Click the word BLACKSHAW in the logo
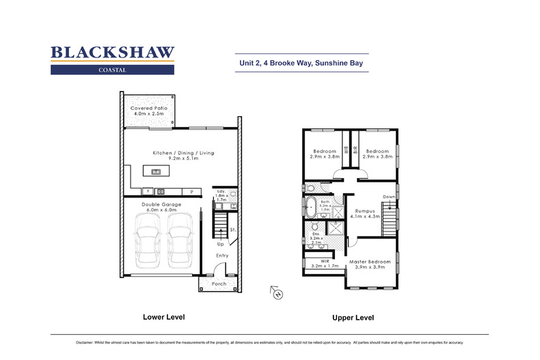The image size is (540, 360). tap(113, 53)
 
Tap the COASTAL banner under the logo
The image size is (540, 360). tap(113, 69)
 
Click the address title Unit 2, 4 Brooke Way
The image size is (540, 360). tap(300, 64)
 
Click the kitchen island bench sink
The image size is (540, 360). tap(157, 171)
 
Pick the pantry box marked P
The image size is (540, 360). tap(192, 191)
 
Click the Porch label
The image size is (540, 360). tap(218, 283)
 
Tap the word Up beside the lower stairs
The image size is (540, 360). tap(220, 243)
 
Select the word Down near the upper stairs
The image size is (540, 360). tap(389, 197)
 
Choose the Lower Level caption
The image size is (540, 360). tap(163, 317)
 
